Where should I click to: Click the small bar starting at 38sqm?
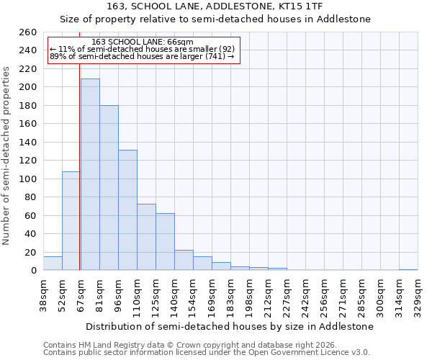(x=53, y=264)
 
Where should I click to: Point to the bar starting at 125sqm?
(x=165, y=241)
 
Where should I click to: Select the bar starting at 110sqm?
(x=146, y=237)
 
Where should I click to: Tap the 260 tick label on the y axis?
(x=28, y=32)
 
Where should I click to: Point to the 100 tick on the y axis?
(x=28, y=179)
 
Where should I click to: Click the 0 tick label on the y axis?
(x=33, y=271)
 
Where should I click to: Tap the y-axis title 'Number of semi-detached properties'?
(x=7, y=156)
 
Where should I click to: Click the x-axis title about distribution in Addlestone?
(x=229, y=326)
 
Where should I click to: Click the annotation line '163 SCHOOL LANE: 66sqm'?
(x=143, y=42)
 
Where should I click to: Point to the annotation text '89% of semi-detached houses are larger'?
(x=142, y=56)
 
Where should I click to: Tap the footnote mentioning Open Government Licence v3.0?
(x=207, y=353)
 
